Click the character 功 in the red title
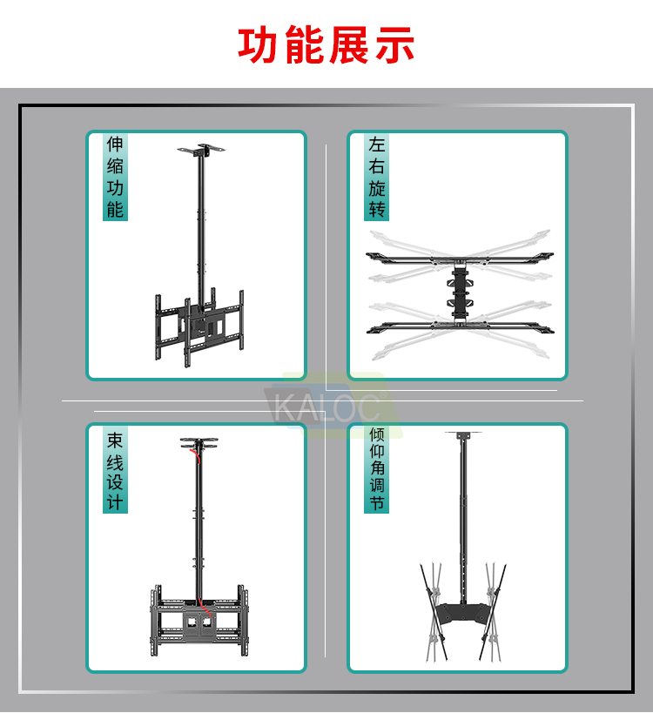point(259,44)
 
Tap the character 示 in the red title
point(394,44)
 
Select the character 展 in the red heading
point(349,44)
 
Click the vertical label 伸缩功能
point(115,177)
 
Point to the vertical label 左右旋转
point(376,177)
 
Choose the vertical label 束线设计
point(115,470)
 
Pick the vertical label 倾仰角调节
point(376,469)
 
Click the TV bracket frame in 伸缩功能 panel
point(199,326)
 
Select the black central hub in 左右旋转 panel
point(461,291)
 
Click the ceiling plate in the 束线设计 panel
point(199,443)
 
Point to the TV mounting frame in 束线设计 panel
point(199,620)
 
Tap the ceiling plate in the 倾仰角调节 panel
point(463,435)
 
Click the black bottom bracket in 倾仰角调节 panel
point(462,614)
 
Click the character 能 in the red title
point(304,44)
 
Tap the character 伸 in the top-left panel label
point(115,145)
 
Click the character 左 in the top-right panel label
point(376,145)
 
